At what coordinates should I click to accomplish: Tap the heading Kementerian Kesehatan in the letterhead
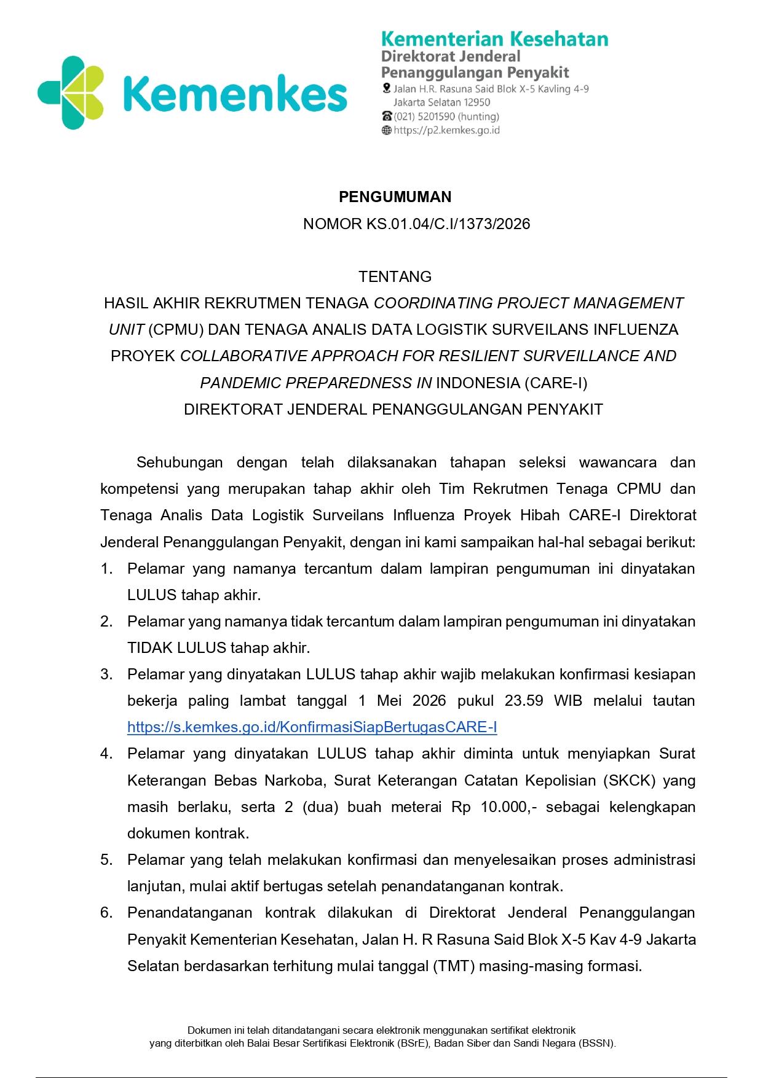[x=494, y=39]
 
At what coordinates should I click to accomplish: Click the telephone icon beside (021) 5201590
[x=387, y=116]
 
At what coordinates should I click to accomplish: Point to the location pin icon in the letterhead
[x=386, y=89]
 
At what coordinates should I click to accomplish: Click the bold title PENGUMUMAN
[x=395, y=197]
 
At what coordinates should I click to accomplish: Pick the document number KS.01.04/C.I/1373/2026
[x=448, y=224]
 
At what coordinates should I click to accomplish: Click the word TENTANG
[x=395, y=276]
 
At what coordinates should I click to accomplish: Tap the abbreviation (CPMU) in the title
[x=176, y=330]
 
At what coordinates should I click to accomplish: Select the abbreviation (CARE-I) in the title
[x=555, y=383]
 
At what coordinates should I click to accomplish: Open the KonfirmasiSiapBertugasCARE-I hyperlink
[x=312, y=727]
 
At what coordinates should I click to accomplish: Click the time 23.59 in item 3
[x=524, y=701]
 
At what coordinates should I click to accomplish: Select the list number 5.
[x=106, y=859]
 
